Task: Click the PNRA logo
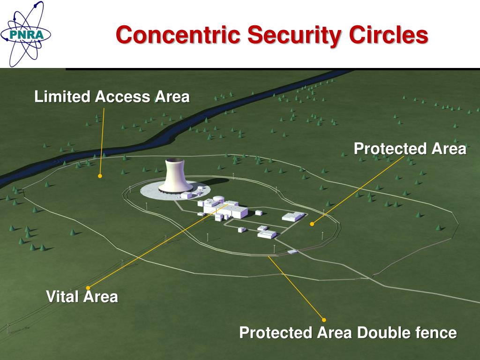25,34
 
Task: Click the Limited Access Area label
112,97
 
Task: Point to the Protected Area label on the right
410,149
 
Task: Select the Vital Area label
82,296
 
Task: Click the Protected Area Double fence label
347,333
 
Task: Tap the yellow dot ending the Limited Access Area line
100,176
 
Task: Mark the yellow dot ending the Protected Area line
312,224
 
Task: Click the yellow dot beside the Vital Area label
88,287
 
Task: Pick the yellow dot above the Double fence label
324,320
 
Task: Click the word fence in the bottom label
436,333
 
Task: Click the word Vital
63,296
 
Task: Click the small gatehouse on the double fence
292,252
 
